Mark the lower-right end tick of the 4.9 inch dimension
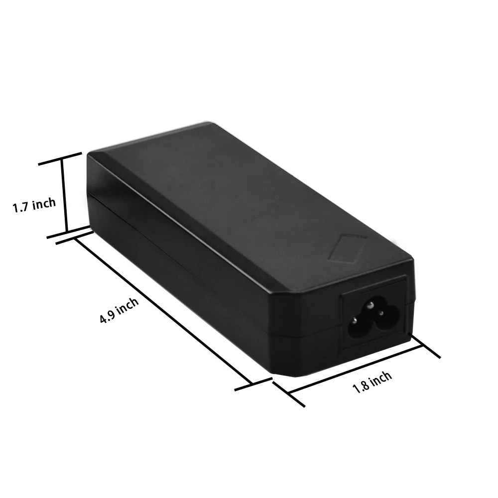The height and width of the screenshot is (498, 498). pos(253,384)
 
